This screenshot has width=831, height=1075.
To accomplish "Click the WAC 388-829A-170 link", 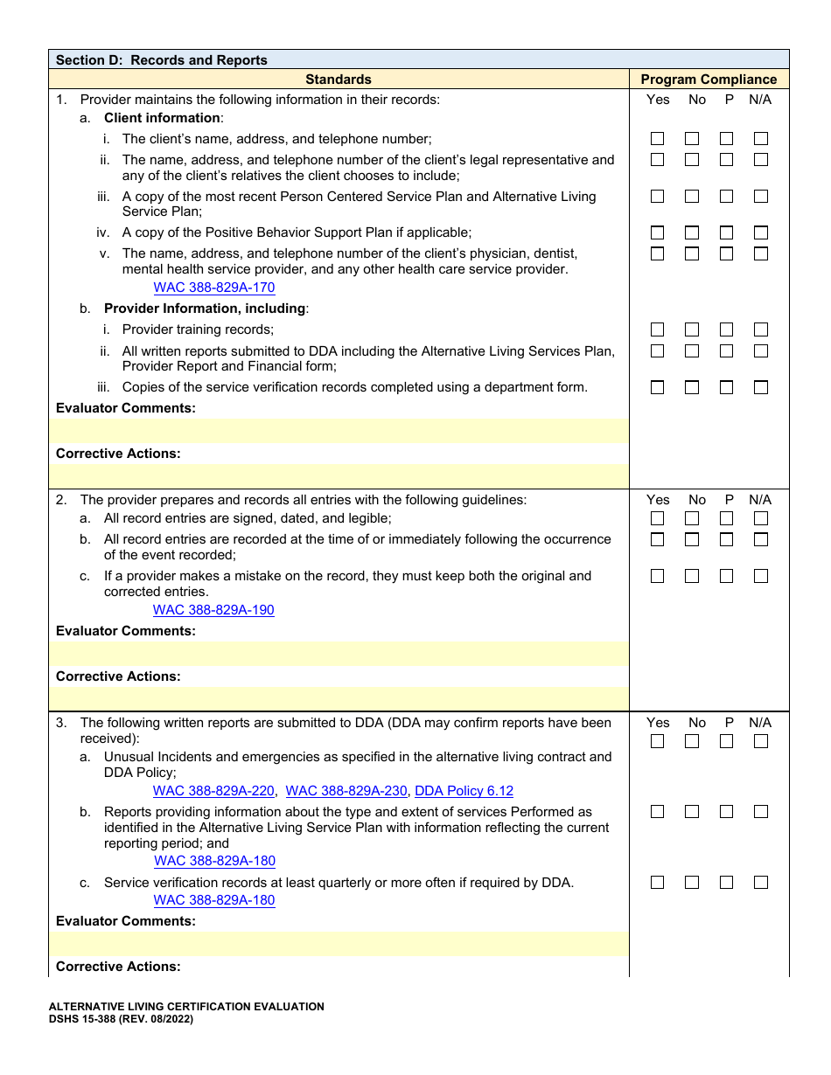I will pyautogui.click(x=214, y=288).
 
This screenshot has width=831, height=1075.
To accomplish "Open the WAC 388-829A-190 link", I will pyautogui.click(x=213, y=610).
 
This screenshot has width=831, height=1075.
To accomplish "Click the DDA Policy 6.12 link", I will pyautogui.click(x=464, y=791).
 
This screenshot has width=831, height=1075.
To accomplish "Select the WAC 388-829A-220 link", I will pyautogui.click(x=213, y=791).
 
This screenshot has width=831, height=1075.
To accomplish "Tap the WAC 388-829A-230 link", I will pyautogui.click(x=346, y=791).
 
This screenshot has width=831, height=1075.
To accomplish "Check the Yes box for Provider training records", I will pyautogui.click(x=658, y=329).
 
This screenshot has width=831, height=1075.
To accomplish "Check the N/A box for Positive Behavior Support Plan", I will pyautogui.click(x=761, y=232).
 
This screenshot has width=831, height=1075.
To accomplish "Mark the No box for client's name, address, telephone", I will pyautogui.click(x=692, y=139).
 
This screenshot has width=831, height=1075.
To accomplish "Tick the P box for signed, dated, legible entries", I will pyautogui.click(x=727, y=519).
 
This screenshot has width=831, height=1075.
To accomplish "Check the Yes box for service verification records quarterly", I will pyautogui.click(x=658, y=883).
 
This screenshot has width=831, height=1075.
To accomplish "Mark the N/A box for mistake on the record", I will pyautogui.click(x=761, y=576).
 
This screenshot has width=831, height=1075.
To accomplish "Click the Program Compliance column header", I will pyautogui.click(x=709, y=80).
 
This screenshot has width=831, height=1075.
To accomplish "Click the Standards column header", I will pyautogui.click(x=339, y=80).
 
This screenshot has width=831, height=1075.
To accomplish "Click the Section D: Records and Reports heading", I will pyautogui.click(x=162, y=60).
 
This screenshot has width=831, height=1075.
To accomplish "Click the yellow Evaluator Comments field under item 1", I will pyautogui.click(x=339, y=431).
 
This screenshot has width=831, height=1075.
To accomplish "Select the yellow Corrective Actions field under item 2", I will pyautogui.click(x=339, y=698).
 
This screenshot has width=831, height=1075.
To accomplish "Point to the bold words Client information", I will pyautogui.click(x=163, y=118).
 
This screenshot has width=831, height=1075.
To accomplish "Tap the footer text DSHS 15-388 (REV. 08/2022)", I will pyautogui.click(x=121, y=1019).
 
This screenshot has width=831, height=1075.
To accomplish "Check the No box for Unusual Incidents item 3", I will pyautogui.click(x=692, y=741).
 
